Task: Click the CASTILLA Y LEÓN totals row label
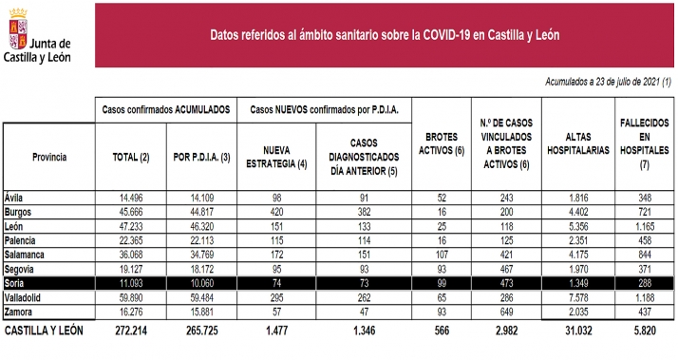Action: (x=44, y=332)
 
